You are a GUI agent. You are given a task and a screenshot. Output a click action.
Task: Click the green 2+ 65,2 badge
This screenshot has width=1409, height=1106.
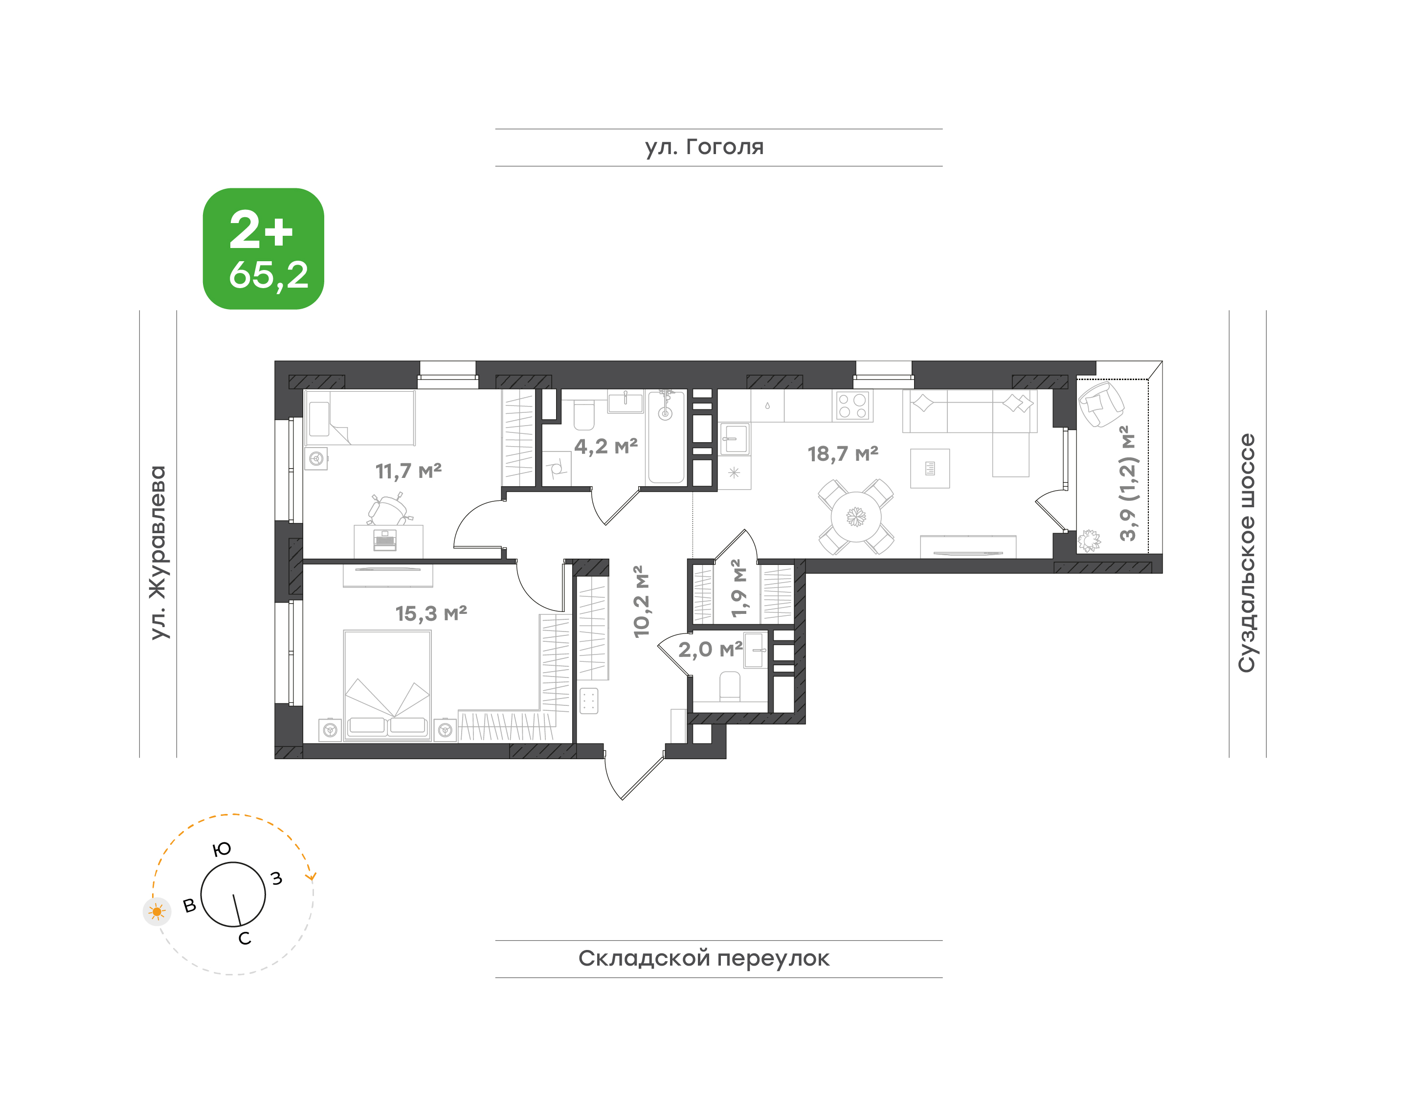coord(264,248)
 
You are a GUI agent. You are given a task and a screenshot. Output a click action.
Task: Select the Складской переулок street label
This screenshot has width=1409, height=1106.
coord(704,958)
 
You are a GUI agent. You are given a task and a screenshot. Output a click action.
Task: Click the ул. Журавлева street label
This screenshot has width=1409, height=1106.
coord(158,552)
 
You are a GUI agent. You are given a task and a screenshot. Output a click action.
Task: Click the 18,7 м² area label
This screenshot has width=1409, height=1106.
coord(843,453)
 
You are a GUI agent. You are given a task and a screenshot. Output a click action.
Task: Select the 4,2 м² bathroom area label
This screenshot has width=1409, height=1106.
coord(606,446)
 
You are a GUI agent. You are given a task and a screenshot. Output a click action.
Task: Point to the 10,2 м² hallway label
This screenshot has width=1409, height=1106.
coord(641,602)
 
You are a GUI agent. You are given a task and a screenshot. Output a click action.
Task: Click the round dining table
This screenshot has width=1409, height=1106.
coord(856,517)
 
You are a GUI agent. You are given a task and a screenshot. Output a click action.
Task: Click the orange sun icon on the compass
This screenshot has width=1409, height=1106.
coord(157,912)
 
